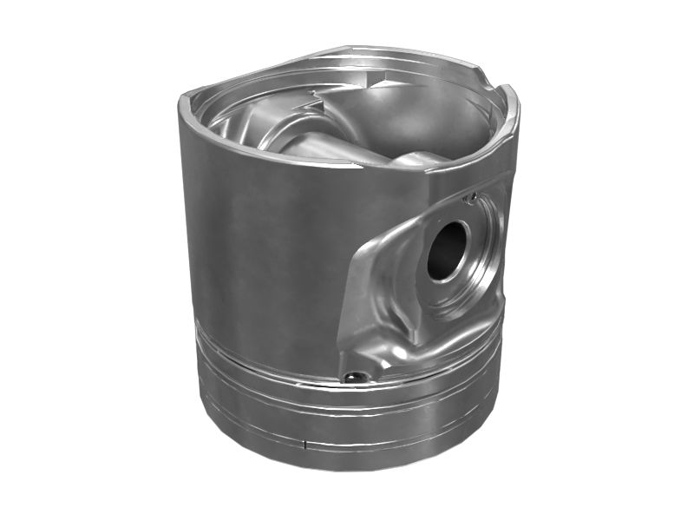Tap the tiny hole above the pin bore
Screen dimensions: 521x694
coord(470,199)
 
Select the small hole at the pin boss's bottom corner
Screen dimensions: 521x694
coord(351,377)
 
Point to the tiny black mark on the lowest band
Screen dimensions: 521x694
coord(305,445)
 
